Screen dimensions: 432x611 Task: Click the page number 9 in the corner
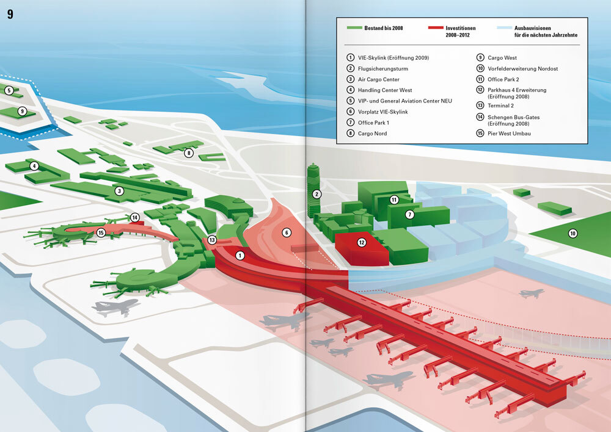tap(10, 14)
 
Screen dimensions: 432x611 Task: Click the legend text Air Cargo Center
tap(378, 79)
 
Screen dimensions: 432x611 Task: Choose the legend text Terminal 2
tap(502, 105)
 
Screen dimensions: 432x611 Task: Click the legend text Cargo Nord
tap(372, 133)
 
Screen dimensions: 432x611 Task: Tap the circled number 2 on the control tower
tap(316, 195)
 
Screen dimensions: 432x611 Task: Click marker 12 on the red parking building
tap(362, 242)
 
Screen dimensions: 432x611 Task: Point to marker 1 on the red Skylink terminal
tap(240, 255)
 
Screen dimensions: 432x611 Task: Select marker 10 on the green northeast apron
tap(573, 233)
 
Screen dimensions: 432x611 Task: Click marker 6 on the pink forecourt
tap(285, 232)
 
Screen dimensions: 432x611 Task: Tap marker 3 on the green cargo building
tap(119, 191)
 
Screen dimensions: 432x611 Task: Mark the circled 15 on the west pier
tap(101, 232)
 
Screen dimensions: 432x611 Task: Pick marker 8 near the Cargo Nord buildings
tap(189, 153)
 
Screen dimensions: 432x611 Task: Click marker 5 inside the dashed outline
tap(9, 91)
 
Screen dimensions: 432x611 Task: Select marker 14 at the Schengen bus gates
tap(134, 217)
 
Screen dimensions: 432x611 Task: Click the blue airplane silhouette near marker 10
tap(531, 293)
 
